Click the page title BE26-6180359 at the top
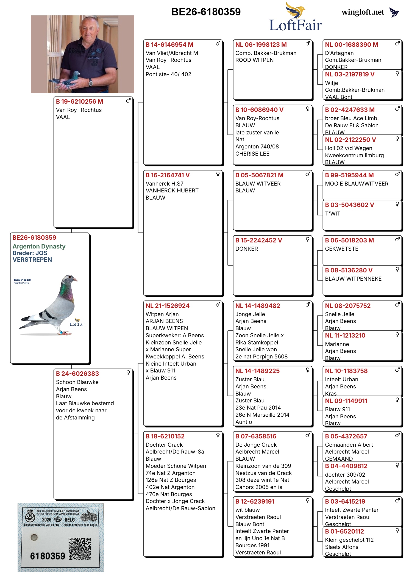pyautogui.click(x=206, y=12)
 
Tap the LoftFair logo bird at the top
pyautogui.click(x=295, y=10)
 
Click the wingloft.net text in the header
pyautogui.click(x=363, y=12)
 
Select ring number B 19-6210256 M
pyautogui.click(x=79, y=101)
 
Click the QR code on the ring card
pyautogui.click(x=80, y=549)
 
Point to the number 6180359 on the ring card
pyautogui.click(x=48, y=556)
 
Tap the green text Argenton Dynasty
pyautogui.click(x=39, y=246)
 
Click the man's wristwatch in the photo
pyautogui.click(x=90, y=82)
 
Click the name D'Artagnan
pyautogui.click(x=339, y=53)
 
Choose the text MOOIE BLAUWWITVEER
pyautogui.click(x=357, y=184)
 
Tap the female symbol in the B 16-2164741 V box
pyautogui.click(x=218, y=174)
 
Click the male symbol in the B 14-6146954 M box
pyautogui.click(x=218, y=43)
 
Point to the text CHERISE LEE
pyautogui.click(x=252, y=154)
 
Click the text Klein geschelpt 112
pyautogui.click(x=349, y=540)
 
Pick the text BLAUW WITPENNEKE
pyautogui.click(x=353, y=279)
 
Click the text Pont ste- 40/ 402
pyautogui.click(x=168, y=74)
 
